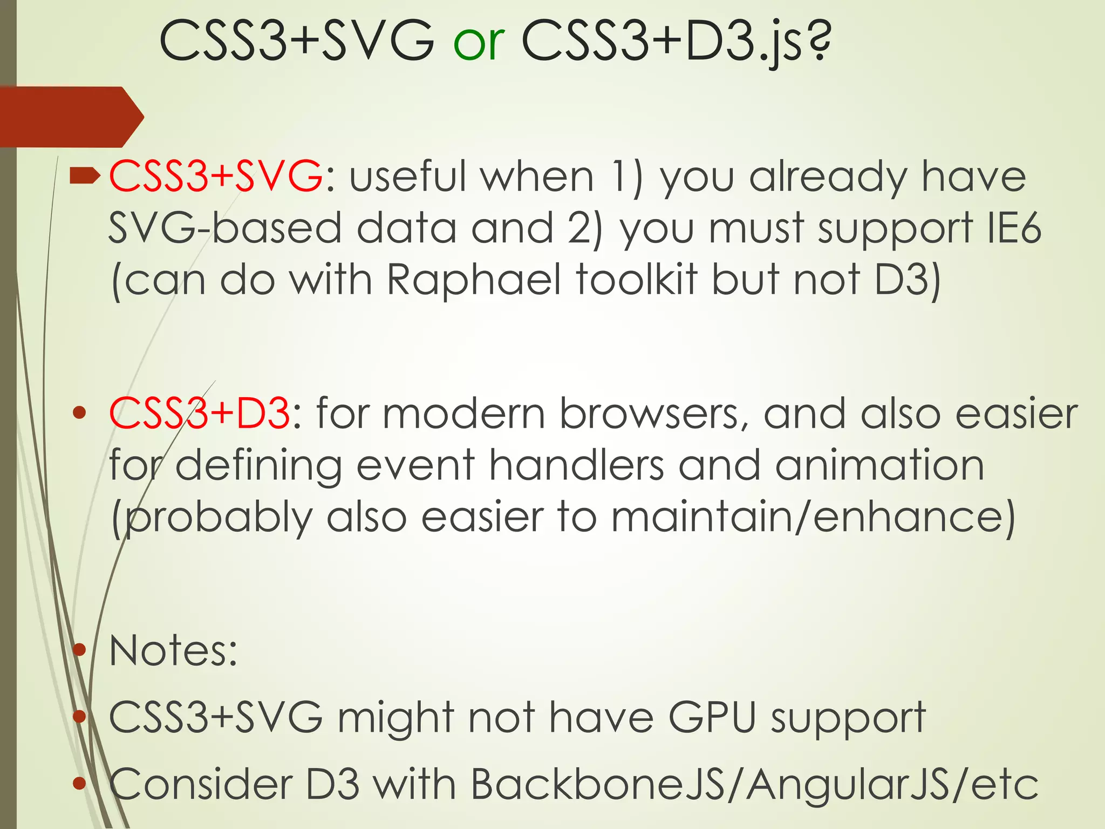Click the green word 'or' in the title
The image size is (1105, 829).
coord(479,42)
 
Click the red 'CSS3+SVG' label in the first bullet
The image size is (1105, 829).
coord(216,176)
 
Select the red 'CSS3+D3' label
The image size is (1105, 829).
coord(200,413)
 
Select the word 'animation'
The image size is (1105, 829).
coord(879,465)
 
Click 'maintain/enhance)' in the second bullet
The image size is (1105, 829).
coord(813,517)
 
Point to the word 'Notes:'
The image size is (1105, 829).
coord(173,651)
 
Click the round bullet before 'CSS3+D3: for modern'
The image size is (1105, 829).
coord(79,413)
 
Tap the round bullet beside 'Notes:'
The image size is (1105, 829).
coord(79,650)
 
